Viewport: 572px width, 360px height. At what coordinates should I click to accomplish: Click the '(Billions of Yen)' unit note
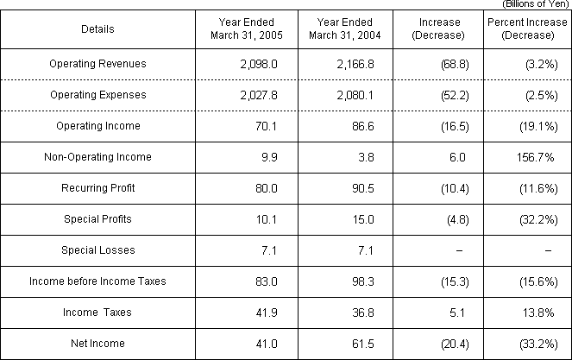(x=536, y=4)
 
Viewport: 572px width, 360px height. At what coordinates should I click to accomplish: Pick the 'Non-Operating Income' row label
(x=97, y=157)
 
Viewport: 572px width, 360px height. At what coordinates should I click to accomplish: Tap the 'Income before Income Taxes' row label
(x=97, y=281)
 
